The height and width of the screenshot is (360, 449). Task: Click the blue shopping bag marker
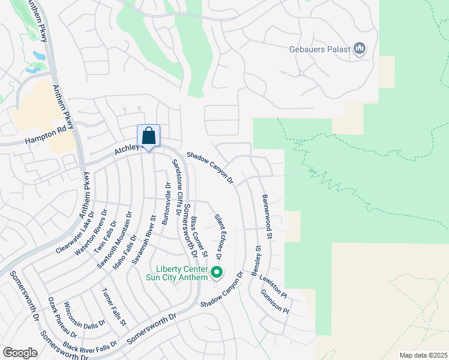coord(148,136)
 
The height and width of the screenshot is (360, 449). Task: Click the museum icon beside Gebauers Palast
coord(360,49)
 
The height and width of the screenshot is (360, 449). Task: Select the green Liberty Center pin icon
coord(217,274)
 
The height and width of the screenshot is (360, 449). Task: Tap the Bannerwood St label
coord(267,216)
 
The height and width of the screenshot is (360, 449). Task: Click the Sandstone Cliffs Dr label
coord(176,187)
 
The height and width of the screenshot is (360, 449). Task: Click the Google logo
coord(20,352)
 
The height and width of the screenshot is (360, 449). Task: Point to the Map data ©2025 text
coord(423,355)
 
